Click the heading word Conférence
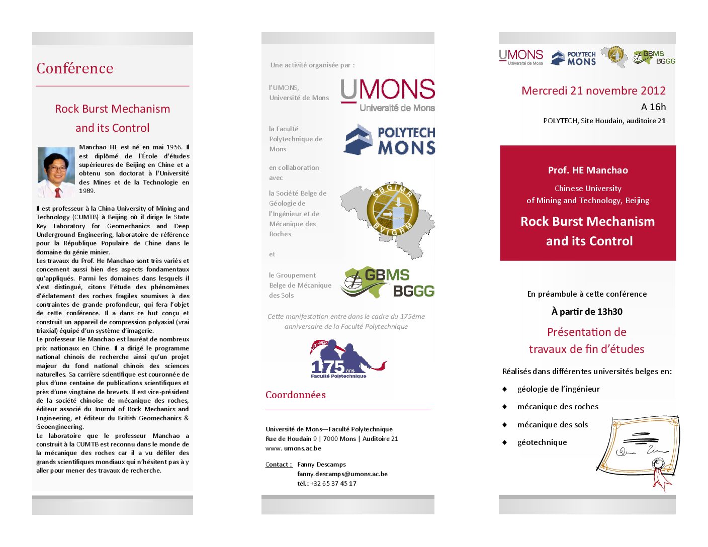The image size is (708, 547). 75,68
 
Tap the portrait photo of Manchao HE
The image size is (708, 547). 56,172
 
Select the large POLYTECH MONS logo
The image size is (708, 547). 389,139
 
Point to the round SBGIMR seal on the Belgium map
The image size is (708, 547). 393,209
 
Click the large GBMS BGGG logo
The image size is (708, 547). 388,283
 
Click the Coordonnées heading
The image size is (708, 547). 296,395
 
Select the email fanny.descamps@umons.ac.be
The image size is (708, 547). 342,474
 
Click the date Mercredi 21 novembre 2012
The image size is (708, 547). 593,91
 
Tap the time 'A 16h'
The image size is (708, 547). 653,107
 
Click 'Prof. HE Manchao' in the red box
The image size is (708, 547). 588,170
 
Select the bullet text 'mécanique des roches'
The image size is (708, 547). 558,407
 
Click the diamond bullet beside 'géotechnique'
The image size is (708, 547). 504,442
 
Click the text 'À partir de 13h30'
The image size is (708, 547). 587,312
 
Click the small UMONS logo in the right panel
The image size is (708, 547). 521,57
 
